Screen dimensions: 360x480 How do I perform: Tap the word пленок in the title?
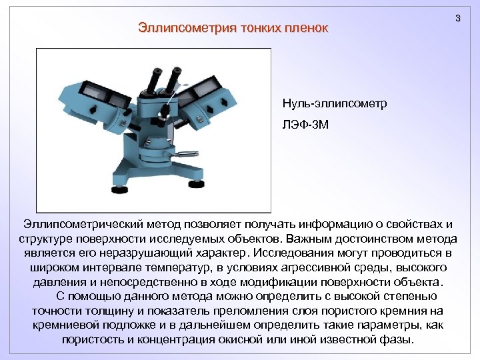click(x=307, y=28)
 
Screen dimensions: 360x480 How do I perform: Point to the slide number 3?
click(x=457, y=19)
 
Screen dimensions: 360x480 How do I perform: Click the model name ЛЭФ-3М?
click(x=305, y=124)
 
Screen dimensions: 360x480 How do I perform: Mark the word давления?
click(x=58, y=282)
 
